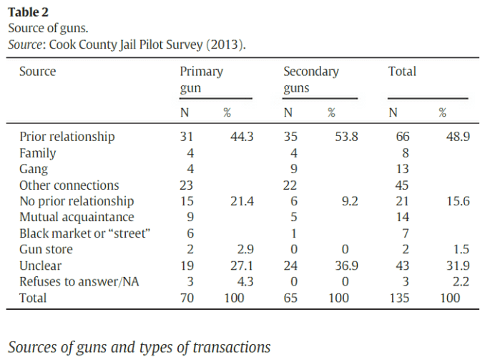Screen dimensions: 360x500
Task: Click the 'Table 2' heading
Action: (x=29, y=12)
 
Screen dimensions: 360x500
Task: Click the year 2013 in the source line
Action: (x=225, y=44)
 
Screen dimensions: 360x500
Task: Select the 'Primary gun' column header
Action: (x=201, y=79)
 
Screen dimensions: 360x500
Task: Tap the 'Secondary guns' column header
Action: (x=311, y=79)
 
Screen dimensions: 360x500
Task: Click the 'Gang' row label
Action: (x=34, y=169)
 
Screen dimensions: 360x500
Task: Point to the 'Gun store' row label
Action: (x=46, y=249)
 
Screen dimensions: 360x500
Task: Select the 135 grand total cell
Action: (x=397, y=297)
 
